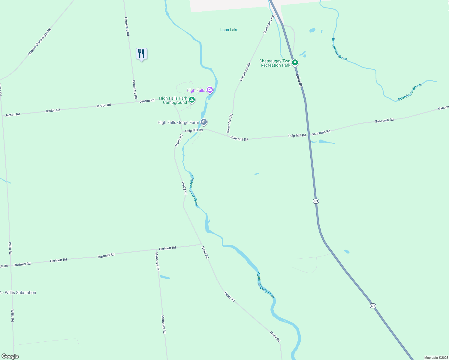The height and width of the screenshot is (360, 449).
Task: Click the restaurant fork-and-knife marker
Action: (x=141, y=54)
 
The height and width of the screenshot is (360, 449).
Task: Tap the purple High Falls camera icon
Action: (x=210, y=90)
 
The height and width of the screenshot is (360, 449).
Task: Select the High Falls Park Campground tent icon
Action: (x=192, y=100)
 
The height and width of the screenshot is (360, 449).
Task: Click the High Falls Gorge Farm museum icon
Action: (x=204, y=122)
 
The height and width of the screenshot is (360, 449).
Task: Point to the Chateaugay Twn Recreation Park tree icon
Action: (x=295, y=62)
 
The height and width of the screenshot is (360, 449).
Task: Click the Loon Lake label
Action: (x=229, y=30)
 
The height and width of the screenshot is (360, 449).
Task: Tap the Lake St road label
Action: (x=299, y=80)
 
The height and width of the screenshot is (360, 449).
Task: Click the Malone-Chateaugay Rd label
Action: (x=39, y=42)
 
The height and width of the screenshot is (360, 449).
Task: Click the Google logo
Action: (x=10, y=356)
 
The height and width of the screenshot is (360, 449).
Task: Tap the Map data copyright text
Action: (x=436, y=358)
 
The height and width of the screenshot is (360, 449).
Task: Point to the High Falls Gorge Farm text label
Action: (x=178, y=122)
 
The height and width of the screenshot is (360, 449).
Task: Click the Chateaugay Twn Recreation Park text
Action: (x=275, y=63)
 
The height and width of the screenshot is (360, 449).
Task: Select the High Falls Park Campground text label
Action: (x=173, y=100)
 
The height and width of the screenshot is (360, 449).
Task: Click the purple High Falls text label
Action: (x=196, y=90)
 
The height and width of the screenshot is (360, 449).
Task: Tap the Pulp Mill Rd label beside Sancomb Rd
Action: (x=297, y=136)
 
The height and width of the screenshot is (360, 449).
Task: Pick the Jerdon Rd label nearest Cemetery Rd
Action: (x=147, y=101)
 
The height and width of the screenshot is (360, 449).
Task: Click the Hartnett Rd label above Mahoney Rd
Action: (x=167, y=248)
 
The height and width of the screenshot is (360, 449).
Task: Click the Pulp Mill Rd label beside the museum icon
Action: (x=194, y=130)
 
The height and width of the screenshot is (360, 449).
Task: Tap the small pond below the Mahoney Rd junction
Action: (x=165, y=277)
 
